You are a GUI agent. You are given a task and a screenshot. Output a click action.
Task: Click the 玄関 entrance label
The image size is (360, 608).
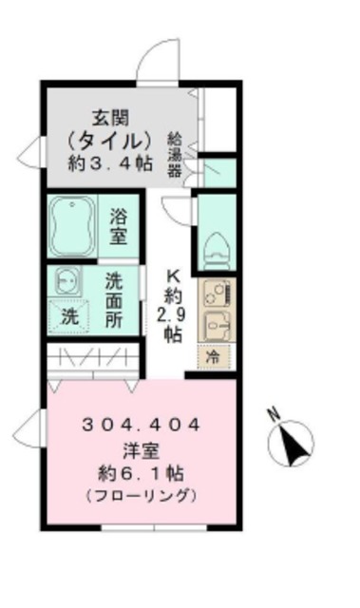tap(111, 118)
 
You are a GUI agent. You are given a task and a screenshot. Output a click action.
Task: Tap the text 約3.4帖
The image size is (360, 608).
tap(111, 162)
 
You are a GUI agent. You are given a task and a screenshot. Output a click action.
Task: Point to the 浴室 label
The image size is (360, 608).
tap(120, 225)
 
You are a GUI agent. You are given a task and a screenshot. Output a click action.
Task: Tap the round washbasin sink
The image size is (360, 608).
tap(66, 281)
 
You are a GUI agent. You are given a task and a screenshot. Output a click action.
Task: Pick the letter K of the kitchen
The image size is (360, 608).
tap(173, 270)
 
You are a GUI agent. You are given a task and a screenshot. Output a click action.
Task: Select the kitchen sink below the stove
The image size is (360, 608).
tap(215, 326)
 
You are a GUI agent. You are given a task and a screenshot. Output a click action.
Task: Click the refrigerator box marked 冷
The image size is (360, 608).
tap(214, 358)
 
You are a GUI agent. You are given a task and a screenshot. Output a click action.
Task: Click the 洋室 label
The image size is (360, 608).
tap(140, 450)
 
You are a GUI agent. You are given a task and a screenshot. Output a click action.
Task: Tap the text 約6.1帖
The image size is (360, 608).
tap(140, 473)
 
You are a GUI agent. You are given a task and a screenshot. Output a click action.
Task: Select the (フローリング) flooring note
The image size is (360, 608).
tap(140, 495)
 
